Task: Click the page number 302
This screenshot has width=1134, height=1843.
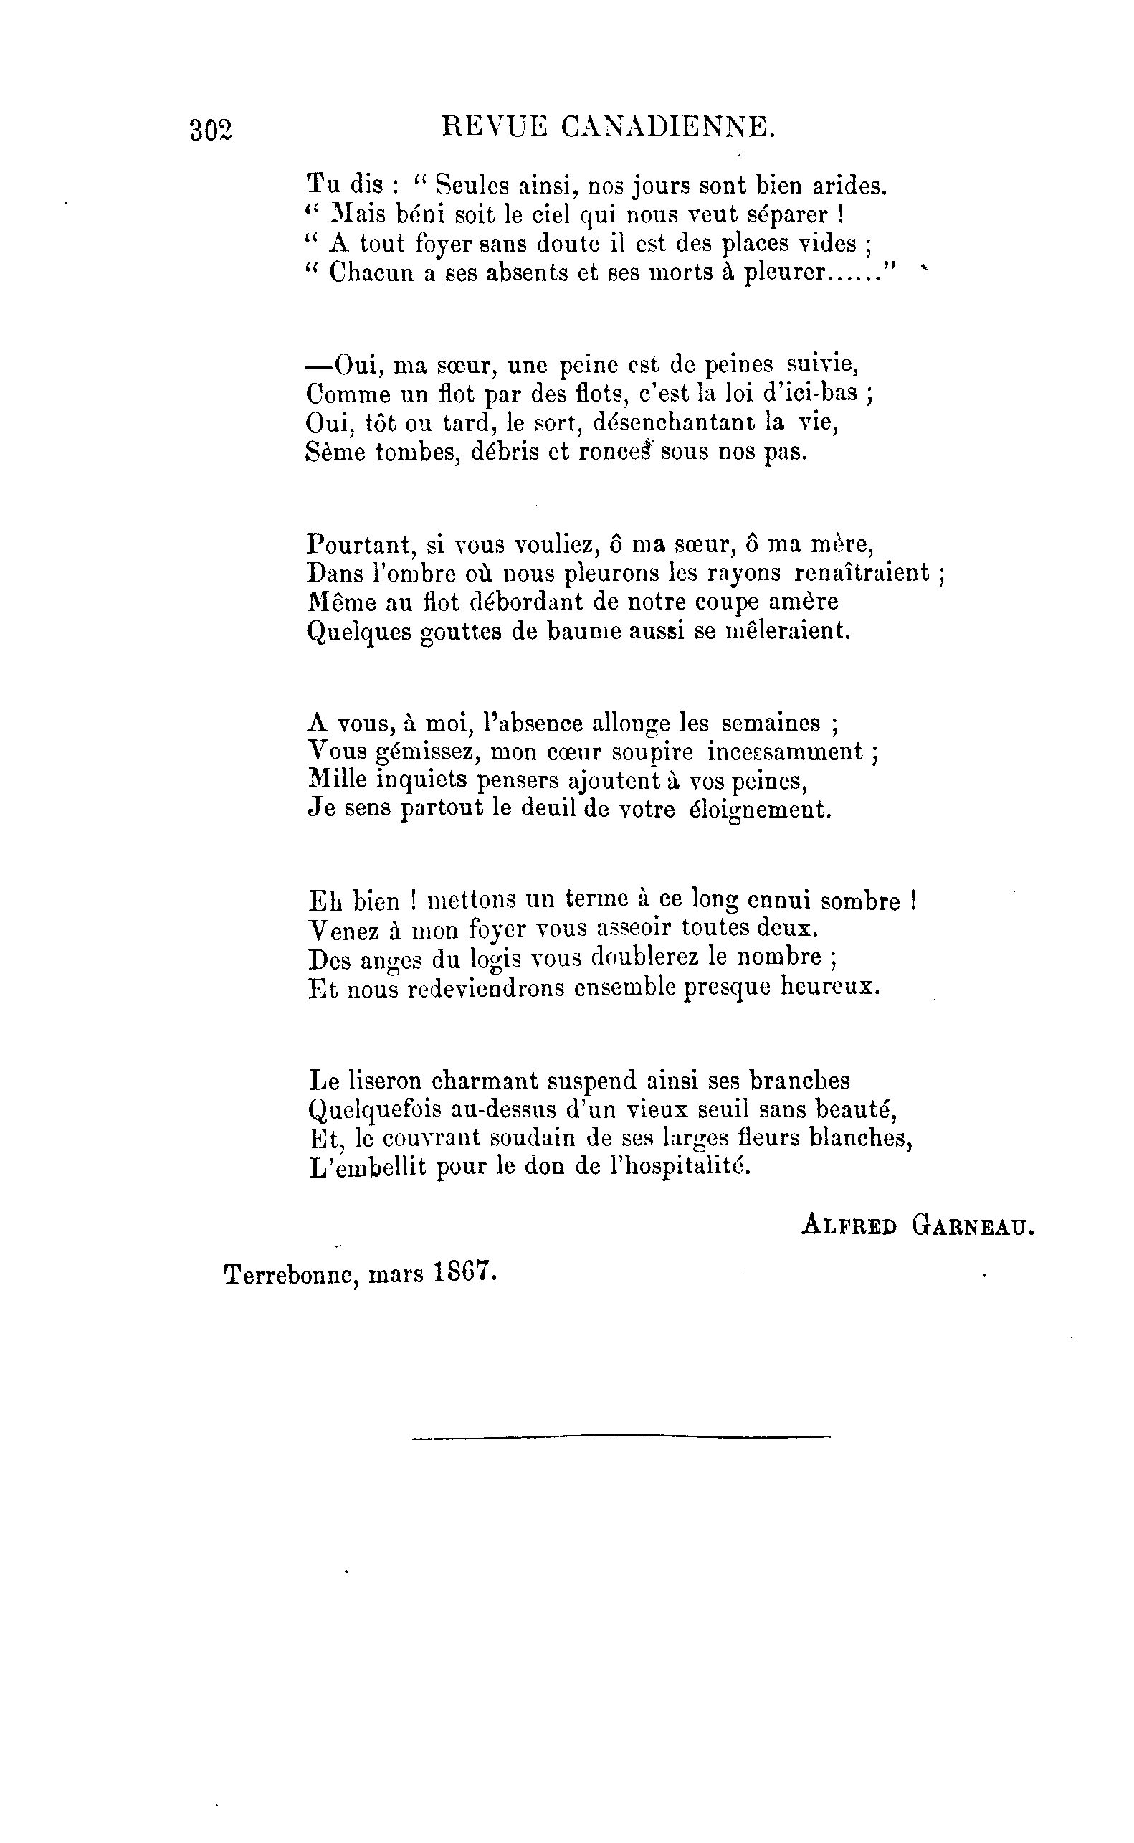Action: (x=211, y=131)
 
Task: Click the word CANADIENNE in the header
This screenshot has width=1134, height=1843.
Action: (x=667, y=127)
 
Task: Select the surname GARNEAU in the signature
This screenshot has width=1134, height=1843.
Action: (x=973, y=1225)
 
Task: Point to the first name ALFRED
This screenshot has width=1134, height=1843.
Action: (x=849, y=1225)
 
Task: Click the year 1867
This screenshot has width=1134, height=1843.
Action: (x=466, y=1273)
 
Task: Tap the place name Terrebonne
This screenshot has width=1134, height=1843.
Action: (x=287, y=1275)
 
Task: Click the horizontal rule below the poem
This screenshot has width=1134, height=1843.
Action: (x=621, y=1437)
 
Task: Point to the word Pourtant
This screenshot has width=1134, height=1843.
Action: (x=361, y=544)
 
